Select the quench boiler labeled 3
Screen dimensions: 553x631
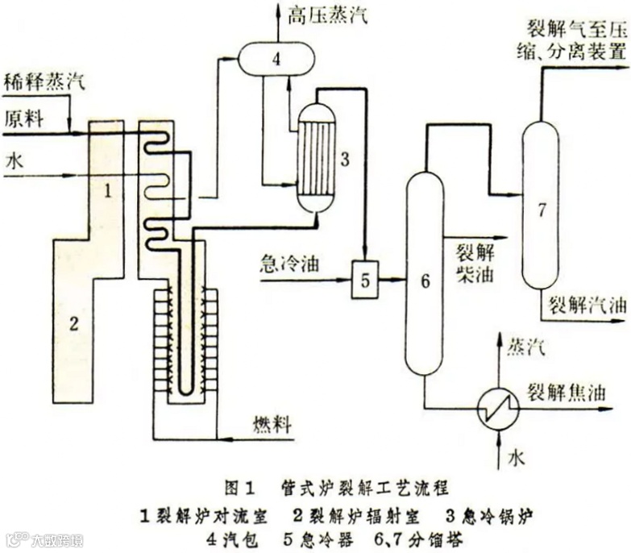317,158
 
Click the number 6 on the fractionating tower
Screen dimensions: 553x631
426,281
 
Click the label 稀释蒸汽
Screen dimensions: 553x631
44,81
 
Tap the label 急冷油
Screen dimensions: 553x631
288,264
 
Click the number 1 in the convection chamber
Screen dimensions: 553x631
110,191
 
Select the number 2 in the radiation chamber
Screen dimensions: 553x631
73,324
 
